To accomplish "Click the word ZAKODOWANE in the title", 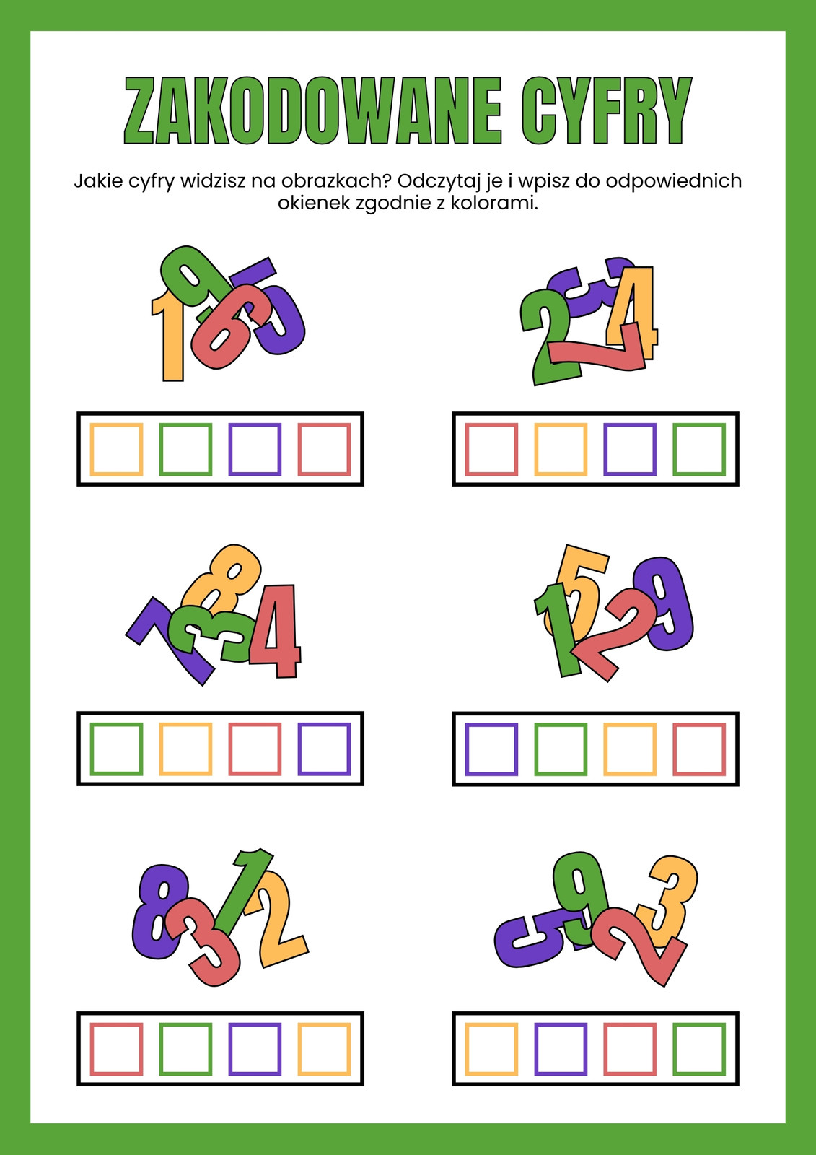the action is pyautogui.click(x=313, y=110).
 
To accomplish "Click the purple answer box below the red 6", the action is pyautogui.click(x=255, y=449).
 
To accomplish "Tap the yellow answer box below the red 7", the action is pyautogui.click(x=561, y=449).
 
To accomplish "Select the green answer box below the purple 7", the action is pyautogui.click(x=116, y=749).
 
